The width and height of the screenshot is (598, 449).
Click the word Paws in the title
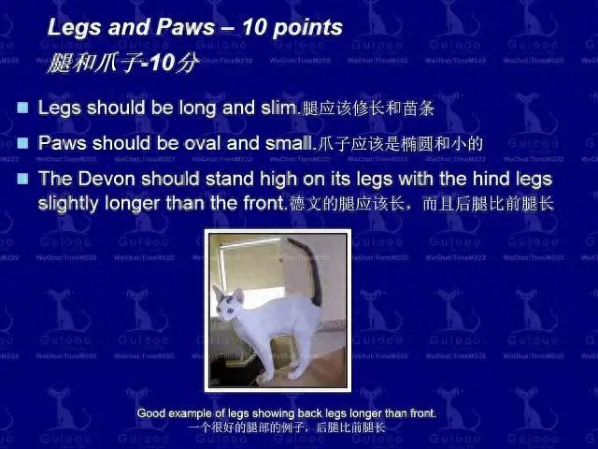(x=185, y=27)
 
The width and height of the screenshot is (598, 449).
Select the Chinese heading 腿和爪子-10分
(x=122, y=63)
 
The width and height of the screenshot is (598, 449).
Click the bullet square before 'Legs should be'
(x=22, y=108)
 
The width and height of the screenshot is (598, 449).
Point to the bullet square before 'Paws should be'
(x=22, y=143)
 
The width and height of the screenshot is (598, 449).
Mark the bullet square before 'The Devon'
(x=22, y=179)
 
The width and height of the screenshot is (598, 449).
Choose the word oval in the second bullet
(x=203, y=143)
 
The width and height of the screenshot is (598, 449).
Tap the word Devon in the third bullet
(x=107, y=179)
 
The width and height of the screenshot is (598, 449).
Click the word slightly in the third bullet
(x=68, y=204)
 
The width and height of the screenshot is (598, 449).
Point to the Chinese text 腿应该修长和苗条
(x=368, y=109)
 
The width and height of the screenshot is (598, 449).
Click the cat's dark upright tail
(x=312, y=269)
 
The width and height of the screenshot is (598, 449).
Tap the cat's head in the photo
(x=228, y=305)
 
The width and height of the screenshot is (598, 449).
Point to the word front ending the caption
(x=423, y=413)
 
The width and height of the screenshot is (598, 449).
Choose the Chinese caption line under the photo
(x=287, y=427)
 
